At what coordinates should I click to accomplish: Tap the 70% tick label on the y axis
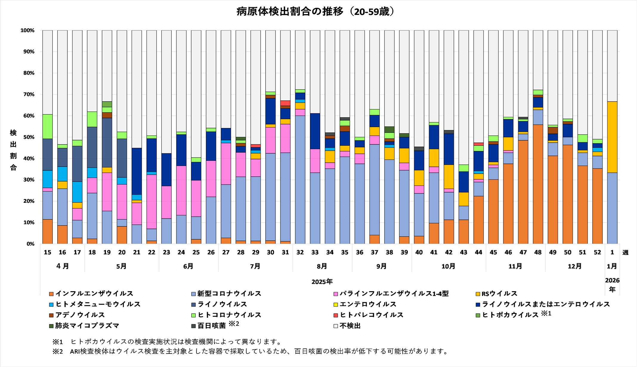27,95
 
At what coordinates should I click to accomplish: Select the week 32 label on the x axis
300,252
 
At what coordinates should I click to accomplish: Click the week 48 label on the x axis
538,252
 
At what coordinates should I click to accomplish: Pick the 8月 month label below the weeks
322,266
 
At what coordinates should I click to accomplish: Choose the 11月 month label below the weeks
515,266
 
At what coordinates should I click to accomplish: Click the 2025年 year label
322,282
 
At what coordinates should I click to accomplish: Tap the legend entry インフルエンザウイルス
94,294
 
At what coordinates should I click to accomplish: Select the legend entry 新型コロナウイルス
229,294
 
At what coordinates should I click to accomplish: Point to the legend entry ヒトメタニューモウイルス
98,304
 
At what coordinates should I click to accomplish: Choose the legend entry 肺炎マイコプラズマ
87,326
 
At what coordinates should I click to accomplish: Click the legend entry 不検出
350,326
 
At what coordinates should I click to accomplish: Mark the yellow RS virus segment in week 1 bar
612,137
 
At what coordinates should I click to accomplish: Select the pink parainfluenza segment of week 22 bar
151,202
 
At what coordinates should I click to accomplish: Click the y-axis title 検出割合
13,150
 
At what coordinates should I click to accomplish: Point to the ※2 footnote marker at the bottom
58,351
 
